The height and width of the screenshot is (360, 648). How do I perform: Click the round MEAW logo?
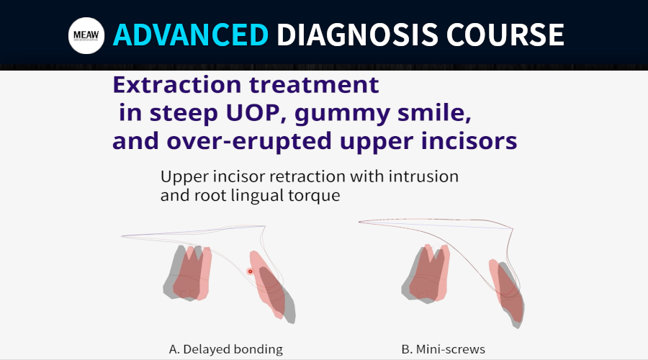coord(86,35)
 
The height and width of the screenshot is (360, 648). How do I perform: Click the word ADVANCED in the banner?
coord(191,35)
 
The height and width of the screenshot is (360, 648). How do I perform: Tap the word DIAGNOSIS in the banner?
coord(357,35)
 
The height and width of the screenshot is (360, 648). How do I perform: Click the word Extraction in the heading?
coord(177,84)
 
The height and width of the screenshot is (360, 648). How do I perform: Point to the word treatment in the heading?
coord(314,85)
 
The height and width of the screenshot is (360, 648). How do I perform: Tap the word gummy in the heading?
coord(342,114)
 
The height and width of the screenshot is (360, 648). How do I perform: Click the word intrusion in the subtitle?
coord(423,176)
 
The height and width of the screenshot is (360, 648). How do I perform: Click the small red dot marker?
coord(250,271)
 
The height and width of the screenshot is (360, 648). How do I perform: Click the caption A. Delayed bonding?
coord(225,349)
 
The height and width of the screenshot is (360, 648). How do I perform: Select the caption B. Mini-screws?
coord(443,349)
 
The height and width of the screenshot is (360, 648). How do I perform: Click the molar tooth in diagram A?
coord(188,273)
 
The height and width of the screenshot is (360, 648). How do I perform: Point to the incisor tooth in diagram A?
coord(272,287)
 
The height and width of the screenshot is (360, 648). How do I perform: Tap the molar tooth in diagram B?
coord(426,274)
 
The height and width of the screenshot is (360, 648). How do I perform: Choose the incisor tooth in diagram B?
coord(507,292)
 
